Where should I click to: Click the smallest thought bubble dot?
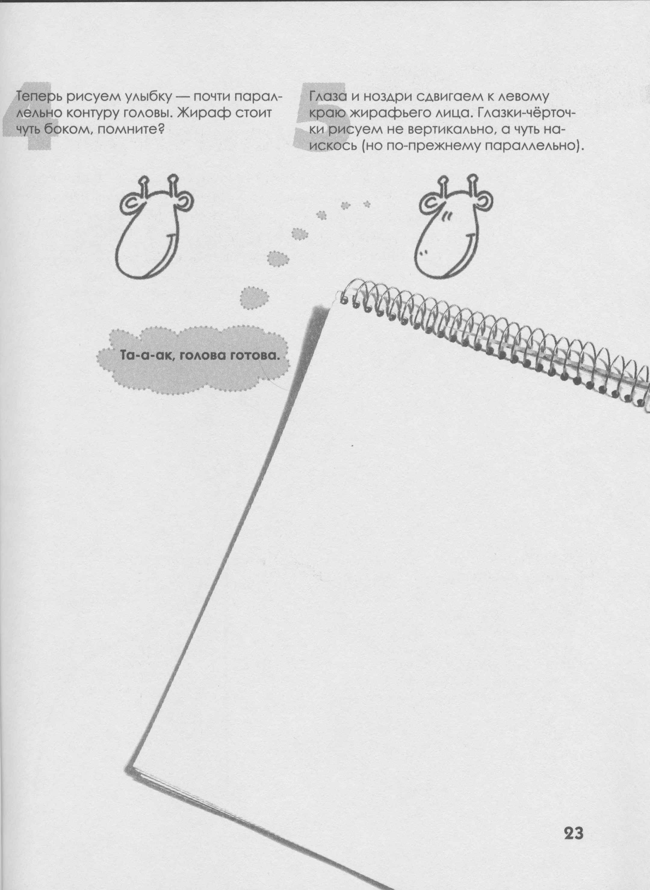tap(367, 204)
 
